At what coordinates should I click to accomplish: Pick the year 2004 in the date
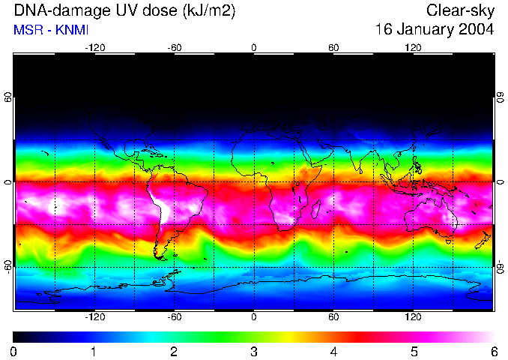pos(477,30)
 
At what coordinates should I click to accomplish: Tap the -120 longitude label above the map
pos(94,47)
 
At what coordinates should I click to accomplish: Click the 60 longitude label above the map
pos(333,47)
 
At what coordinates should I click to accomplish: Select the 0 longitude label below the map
pos(254,317)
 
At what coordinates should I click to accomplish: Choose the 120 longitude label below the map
pos(413,317)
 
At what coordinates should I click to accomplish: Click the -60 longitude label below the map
pos(175,317)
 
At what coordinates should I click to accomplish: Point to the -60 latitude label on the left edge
pos(8,266)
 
